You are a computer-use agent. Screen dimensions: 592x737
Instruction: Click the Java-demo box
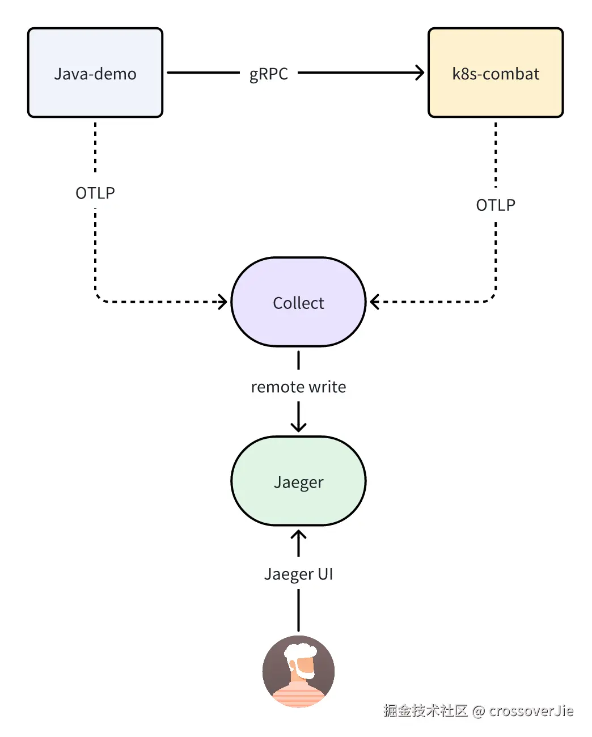[x=95, y=73]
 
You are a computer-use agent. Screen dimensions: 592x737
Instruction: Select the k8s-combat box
[x=496, y=73]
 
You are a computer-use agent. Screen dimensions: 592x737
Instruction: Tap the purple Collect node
[x=298, y=302]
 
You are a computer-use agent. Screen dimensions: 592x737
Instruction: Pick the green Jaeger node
[x=298, y=481]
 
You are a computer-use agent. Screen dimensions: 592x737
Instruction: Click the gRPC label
[x=269, y=74]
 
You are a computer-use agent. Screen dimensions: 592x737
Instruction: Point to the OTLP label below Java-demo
[x=95, y=193]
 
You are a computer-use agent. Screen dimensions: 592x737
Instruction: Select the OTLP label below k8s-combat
[x=496, y=205]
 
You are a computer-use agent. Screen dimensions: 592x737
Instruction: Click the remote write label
[x=298, y=387]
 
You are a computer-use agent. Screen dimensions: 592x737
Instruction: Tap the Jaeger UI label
[x=298, y=574]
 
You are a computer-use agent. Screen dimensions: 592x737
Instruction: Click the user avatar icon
[x=298, y=671]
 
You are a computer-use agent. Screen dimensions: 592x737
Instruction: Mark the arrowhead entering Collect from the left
[x=223, y=302]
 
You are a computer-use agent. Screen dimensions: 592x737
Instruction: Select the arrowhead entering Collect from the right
[x=374, y=302]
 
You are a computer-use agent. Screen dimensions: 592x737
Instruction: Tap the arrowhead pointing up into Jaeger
[x=298, y=535]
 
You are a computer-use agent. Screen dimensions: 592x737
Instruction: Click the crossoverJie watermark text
[x=531, y=710]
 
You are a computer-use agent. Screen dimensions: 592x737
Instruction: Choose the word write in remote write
[x=327, y=387]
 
